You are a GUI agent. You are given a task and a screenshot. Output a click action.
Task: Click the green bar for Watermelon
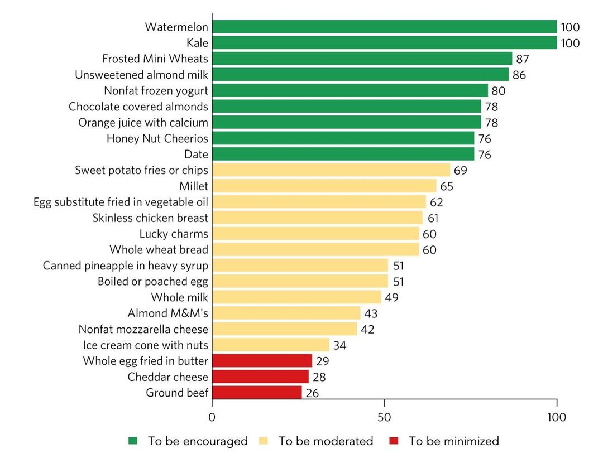pyautogui.click(x=384, y=27)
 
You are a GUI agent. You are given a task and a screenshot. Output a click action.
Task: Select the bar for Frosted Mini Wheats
pyautogui.click(x=362, y=59)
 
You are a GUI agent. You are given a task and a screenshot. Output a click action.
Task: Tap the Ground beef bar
pyautogui.click(x=257, y=393)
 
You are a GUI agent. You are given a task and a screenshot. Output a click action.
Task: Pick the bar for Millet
pyautogui.click(x=324, y=186)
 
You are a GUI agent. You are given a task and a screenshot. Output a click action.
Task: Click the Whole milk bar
pyautogui.click(x=296, y=297)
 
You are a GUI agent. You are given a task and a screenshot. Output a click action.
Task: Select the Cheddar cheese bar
pyautogui.click(x=260, y=377)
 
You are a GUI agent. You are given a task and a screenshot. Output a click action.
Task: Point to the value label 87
pyautogui.click(x=523, y=59)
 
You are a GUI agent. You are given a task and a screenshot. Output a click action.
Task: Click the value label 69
pyautogui.click(x=461, y=170)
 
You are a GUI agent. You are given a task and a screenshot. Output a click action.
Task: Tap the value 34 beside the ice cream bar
pyautogui.click(x=339, y=345)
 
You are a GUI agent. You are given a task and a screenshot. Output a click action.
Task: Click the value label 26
pyautogui.click(x=312, y=393)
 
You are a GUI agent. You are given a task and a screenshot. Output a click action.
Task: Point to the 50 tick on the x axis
pyautogui.click(x=385, y=417)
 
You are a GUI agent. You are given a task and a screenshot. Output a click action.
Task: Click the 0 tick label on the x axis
pyautogui.click(x=212, y=417)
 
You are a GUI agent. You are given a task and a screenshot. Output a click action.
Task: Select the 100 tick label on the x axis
pyautogui.click(x=557, y=417)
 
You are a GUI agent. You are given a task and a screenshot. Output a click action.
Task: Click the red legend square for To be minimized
pyautogui.click(x=394, y=441)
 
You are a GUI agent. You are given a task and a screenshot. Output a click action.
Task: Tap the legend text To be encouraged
pyautogui.click(x=198, y=441)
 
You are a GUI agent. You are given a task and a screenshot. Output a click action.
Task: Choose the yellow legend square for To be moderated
pyautogui.click(x=264, y=441)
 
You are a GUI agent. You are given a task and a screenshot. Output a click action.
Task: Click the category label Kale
pyautogui.click(x=197, y=43)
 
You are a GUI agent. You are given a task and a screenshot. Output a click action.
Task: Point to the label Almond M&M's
pyautogui.click(x=167, y=313)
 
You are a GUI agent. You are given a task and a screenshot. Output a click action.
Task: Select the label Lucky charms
pyautogui.click(x=174, y=234)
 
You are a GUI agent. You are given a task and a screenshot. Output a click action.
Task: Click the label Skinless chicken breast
pyautogui.click(x=150, y=218)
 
